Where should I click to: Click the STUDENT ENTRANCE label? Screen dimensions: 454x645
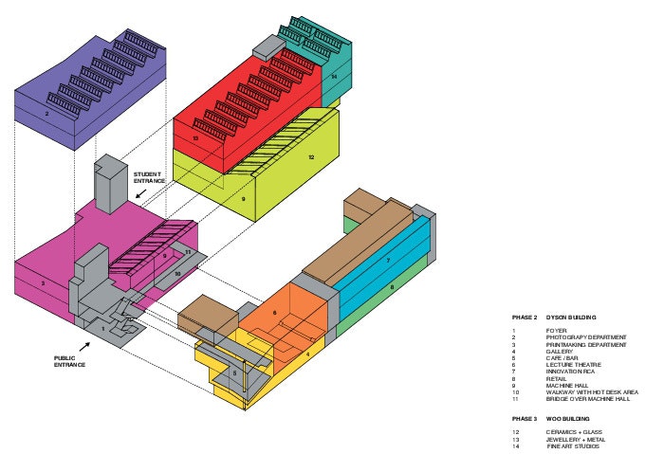pyautogui.click(x=149, y=176)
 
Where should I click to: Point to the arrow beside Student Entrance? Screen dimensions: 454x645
pyautogui.click(x=140, y=194)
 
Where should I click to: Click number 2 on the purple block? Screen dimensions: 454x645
pyautogui.click(x=46, y=114)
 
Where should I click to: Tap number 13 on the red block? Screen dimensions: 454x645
pyautogui.click(x=195, y=138)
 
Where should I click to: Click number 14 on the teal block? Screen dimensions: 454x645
pyautogui.click(x=334, y=76)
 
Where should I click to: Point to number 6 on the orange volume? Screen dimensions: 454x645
pyautogui.click(x=274, y=312)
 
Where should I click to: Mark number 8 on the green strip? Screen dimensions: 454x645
pyautogui.click(x=392, y=286)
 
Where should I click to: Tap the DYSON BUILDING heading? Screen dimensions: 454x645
pyautogui.click(x=578, y=317)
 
